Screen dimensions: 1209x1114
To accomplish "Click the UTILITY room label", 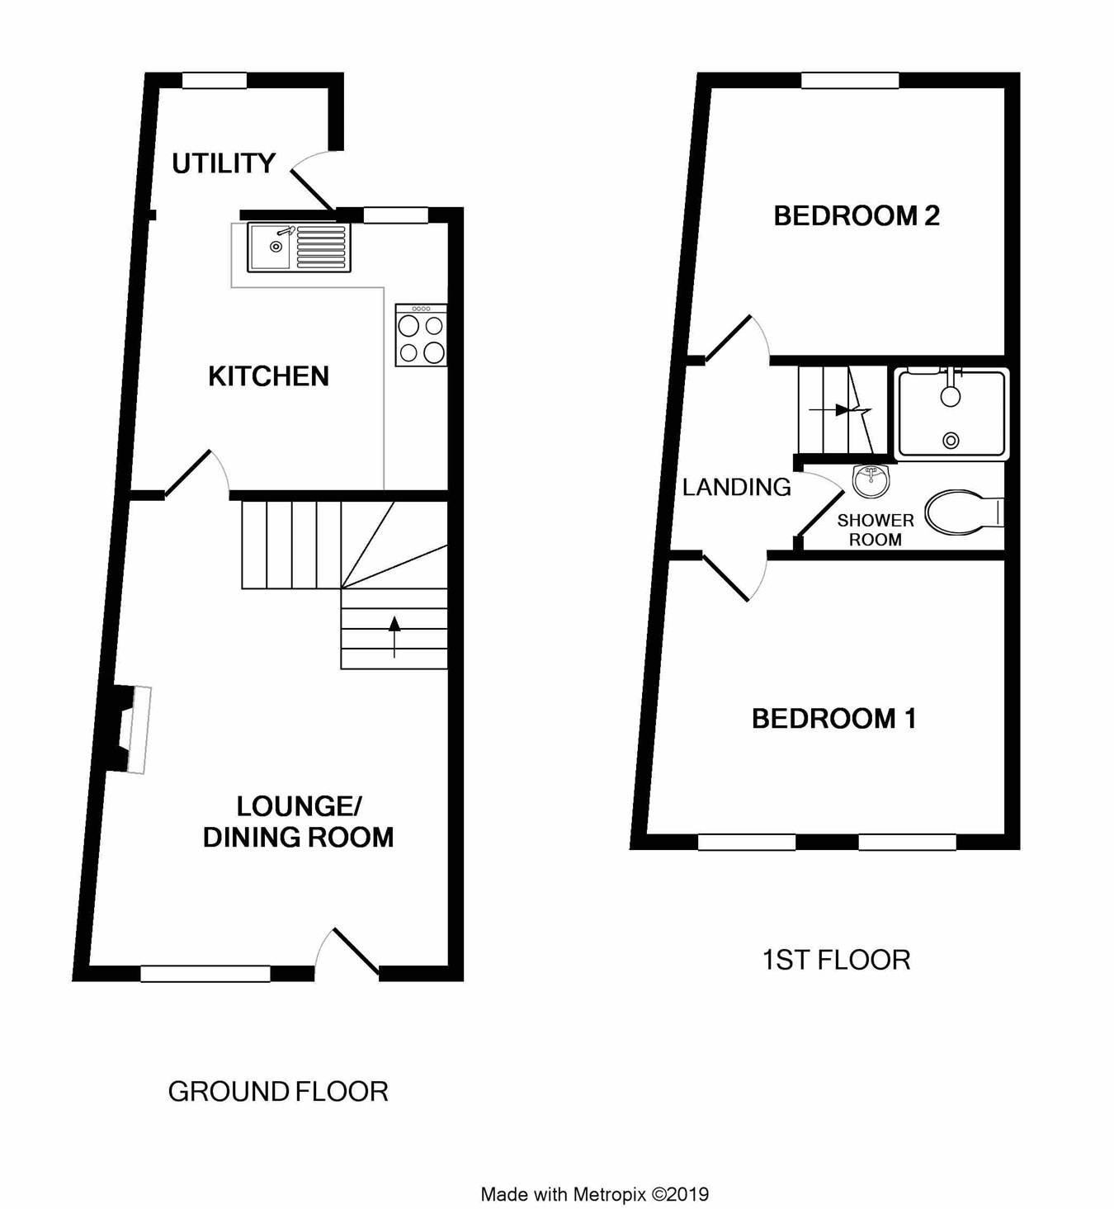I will [224, 163].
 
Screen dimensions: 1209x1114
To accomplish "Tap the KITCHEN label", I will [268, 376].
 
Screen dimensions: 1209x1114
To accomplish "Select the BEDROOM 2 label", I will [856, 216].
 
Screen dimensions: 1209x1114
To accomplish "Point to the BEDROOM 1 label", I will [833, 719].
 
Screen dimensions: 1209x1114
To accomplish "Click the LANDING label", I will [736, 487].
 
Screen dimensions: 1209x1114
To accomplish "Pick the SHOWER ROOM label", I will [876, 530].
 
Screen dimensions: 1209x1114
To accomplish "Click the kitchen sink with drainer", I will [299, 247].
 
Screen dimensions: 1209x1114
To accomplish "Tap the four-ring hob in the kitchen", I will [422, 336].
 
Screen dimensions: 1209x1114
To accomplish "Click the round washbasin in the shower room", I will [871, 480].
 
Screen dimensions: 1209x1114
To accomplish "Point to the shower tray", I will [951, 413].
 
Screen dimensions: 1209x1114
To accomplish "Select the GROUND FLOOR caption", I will [278, 1092].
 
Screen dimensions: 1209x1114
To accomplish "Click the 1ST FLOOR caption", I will [836, 960].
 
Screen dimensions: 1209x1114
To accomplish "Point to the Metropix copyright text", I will [594, 1194].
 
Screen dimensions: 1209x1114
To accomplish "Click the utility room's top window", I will [214, 80].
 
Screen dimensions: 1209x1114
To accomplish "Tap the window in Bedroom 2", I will [850, 80].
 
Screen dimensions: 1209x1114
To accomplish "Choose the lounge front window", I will [205, 974].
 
